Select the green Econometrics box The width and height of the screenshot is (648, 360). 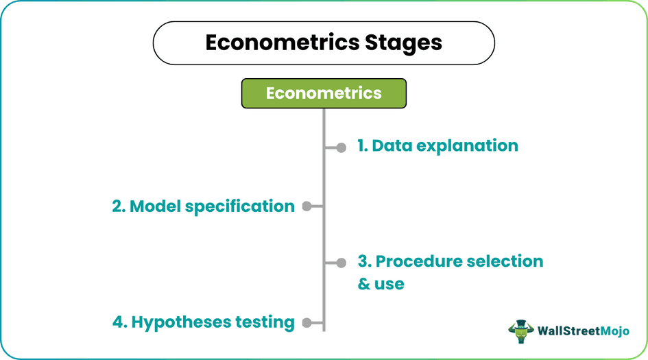click(x=324, y=93)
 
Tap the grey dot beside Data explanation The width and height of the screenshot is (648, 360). click(x=341, y=147)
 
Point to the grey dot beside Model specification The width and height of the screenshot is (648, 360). click(x=307, y=206)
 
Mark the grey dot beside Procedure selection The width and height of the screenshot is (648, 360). click(x=341, y=262)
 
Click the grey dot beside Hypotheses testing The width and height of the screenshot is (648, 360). click(x=307, y=322)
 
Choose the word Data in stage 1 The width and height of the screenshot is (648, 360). click(x=388, y=146)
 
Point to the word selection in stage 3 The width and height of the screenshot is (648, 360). click(x=505, y=261)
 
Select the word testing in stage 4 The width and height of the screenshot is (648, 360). click(x=265, y=322)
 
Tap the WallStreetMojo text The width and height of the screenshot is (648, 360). click(x=581, y=331)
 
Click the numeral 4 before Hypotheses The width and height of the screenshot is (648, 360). click(x=117, y=322)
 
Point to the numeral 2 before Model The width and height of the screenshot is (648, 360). click(x=117, y=206)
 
